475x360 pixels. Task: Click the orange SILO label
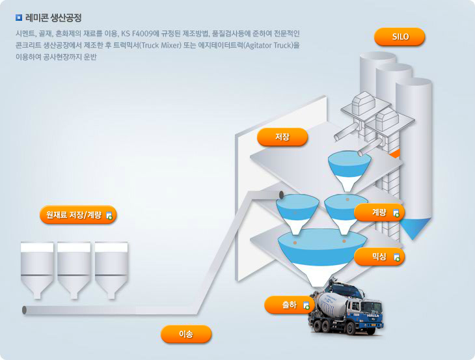[400, 36]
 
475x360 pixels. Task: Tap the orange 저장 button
[282, 137]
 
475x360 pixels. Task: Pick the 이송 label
[186, 334]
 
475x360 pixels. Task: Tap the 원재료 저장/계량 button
[77, 214]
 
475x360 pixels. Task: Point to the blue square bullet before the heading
[18, 18]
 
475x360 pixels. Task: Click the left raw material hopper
[37, 267]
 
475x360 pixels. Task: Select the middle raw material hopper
[74, 267]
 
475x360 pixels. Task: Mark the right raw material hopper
[111, 267]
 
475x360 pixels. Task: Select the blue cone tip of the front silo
[414, 228]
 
